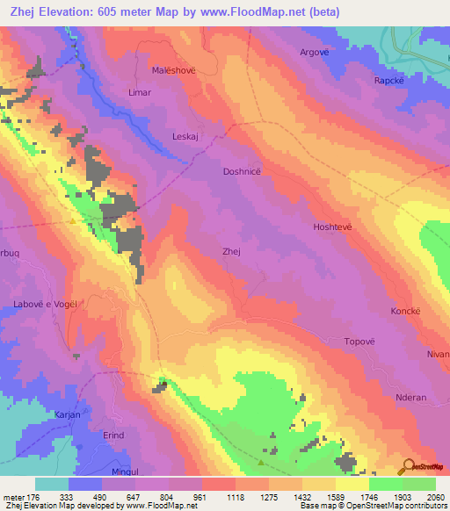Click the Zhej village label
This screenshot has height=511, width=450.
pos(232,251)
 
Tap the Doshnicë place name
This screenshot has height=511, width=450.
pos(241,173)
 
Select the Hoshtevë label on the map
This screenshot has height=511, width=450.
pos(332,227)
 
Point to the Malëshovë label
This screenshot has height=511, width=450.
pos(172,69)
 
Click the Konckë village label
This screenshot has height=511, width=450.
pos(406,312)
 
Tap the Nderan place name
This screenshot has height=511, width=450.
pos(410,397)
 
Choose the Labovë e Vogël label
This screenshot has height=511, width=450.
pos(46,304)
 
